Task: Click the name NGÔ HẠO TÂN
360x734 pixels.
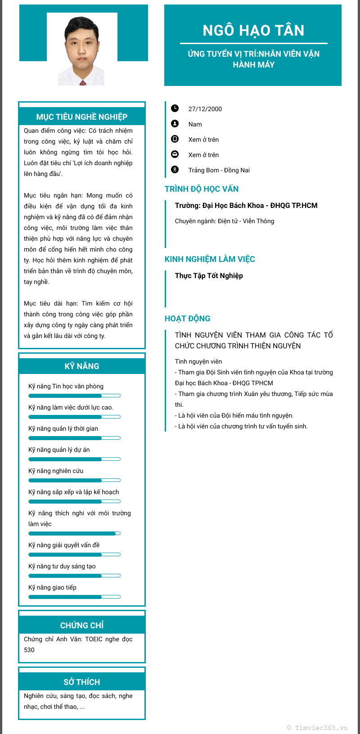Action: click(253, 31)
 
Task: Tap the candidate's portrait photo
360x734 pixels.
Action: click(81, 50)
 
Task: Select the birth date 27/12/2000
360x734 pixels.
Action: click(205, 109)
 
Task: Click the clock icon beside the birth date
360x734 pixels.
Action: click(175, 108)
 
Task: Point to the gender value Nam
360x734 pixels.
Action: click(195, 124)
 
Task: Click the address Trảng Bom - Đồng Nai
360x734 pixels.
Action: click(219, 170)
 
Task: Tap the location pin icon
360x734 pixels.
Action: click(175, 170)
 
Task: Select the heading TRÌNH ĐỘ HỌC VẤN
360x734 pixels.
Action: click(202, 189)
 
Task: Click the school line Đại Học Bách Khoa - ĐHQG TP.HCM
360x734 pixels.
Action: click(246, 206)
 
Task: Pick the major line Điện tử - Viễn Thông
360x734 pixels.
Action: click(225, 221)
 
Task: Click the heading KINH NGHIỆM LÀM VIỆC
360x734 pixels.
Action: click(210, 259)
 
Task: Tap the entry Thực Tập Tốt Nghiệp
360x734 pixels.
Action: click(209, 276)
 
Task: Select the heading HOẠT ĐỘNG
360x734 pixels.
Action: click(187, 319)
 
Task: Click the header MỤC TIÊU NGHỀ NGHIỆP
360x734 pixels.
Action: click(82, 117)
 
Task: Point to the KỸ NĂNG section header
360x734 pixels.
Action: click(82, 366)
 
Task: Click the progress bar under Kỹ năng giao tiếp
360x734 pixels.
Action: click(74, 597)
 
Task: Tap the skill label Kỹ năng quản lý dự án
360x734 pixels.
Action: click(59, 450)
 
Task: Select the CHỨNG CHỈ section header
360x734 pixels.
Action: click(82, 626)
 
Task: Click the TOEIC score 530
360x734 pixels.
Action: click(29, 650)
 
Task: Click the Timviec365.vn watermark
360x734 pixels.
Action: click(317, 728)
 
